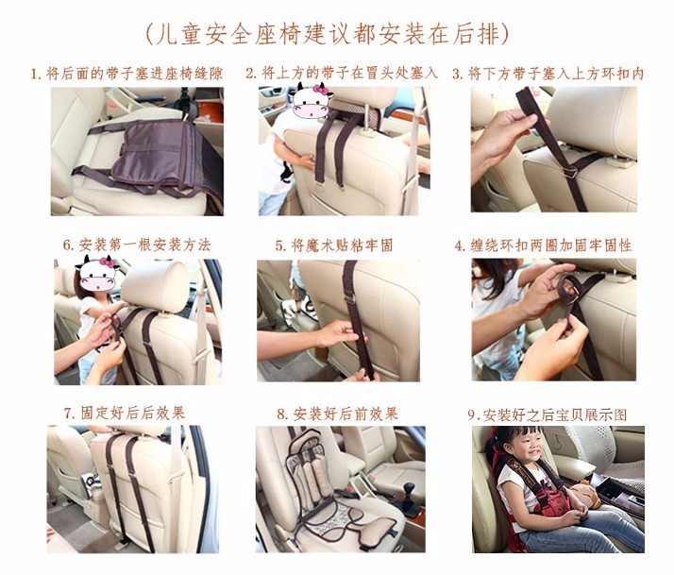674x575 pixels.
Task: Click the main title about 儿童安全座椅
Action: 328,34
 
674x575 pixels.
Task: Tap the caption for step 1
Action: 126,74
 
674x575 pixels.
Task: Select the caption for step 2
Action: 342,73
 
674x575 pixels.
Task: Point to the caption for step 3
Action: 548,74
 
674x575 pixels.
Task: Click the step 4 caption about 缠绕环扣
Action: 544,245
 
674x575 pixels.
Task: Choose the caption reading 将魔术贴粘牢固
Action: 334,245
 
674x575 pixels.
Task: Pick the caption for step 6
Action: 137,245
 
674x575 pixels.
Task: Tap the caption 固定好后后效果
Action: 125,413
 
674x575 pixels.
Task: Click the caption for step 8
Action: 337,414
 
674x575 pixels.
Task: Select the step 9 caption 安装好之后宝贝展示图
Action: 548,415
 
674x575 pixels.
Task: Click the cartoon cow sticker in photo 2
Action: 311,101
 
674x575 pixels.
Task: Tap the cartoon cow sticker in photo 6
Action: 98,274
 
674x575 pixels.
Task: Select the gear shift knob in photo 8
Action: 409,489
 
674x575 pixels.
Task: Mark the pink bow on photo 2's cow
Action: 320,90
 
